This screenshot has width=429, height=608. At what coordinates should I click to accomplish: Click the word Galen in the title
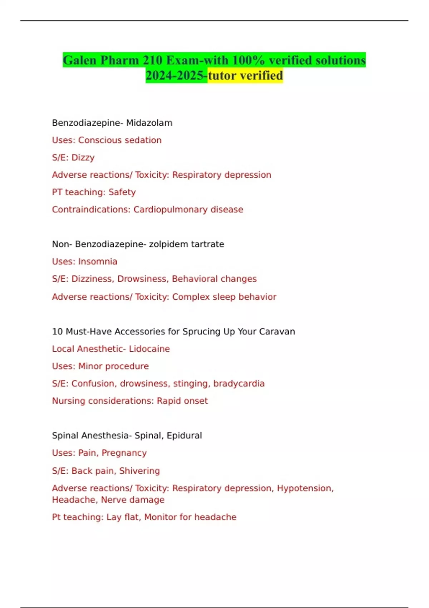[x=79, y=60]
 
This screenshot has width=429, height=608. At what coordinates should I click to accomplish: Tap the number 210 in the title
[x=152, y=60]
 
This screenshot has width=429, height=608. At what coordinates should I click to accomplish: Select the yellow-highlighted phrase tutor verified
[x=245, y=75]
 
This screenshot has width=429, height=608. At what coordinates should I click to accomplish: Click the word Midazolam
[x=149, y=123]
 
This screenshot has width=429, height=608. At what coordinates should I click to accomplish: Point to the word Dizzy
[x=83, y=157]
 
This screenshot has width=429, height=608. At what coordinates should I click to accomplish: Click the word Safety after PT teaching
[x=122, y=192]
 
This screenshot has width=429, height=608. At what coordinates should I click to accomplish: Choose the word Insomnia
[x=98, y=261]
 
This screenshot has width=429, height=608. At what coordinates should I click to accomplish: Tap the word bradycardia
[x=239, y=383]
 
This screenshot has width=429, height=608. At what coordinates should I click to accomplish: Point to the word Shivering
[x=139, y=471]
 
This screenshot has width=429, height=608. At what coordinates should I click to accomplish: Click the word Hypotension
[x=305, y=488]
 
